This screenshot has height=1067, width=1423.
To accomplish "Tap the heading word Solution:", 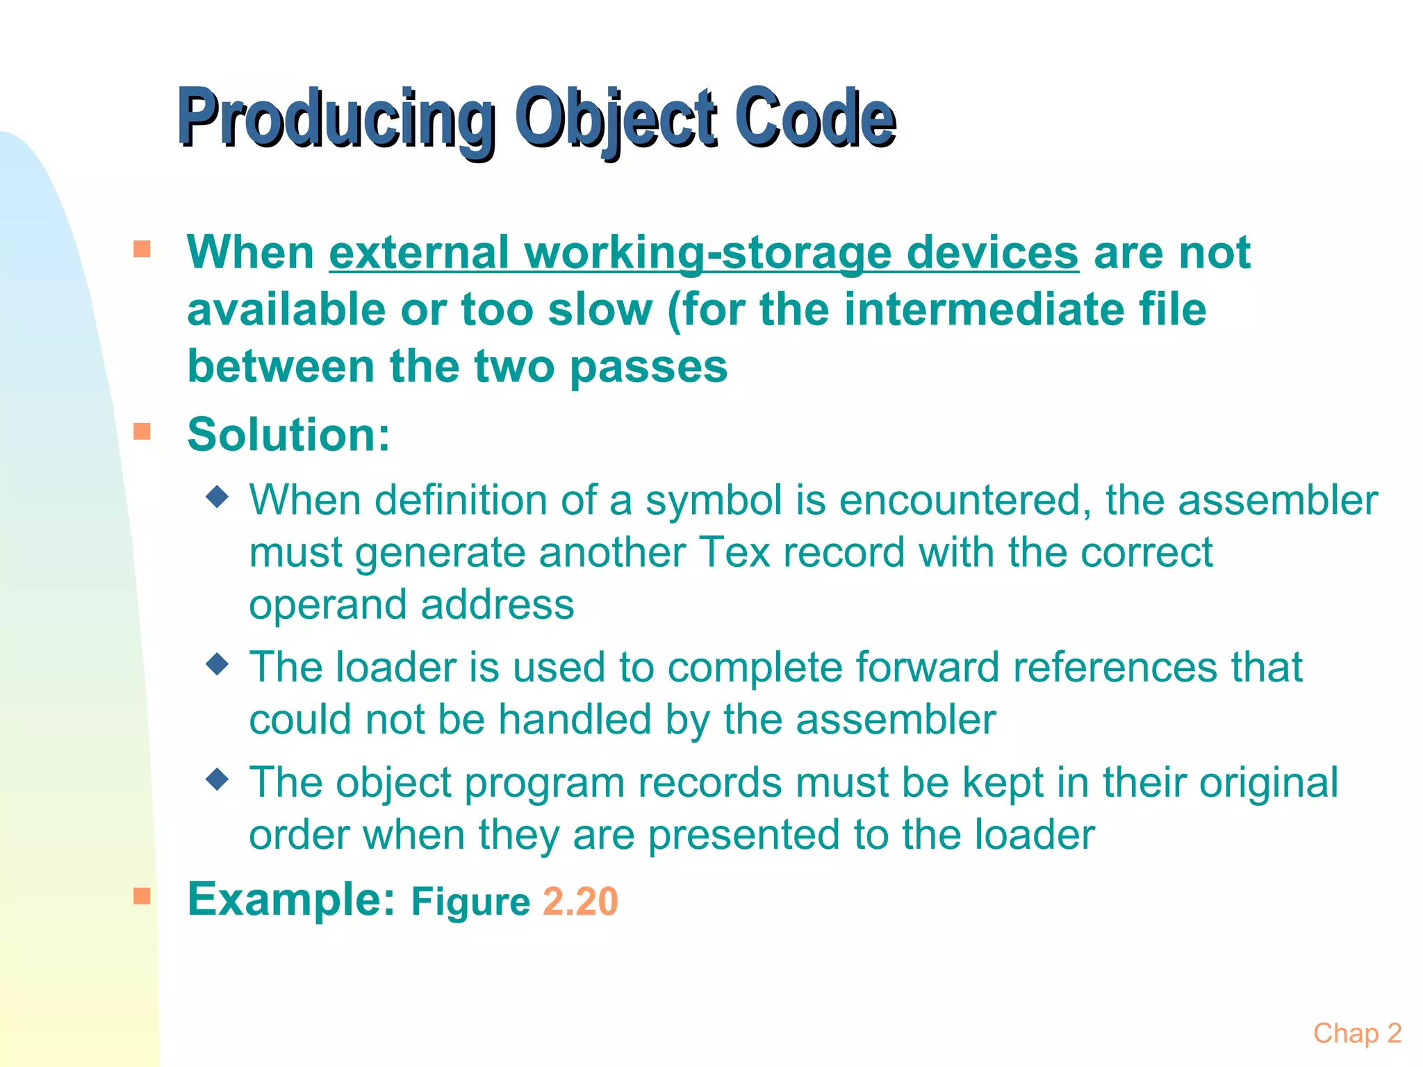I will point(289,434).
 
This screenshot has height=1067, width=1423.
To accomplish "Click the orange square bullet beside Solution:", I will point(142,431).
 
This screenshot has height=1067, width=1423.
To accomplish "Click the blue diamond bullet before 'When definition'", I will point(217,497).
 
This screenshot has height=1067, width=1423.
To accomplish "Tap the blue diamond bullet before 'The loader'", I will point(217,664).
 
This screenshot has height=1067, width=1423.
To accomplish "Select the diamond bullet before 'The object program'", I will point(217,779).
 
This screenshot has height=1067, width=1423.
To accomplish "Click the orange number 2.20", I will point(579,902).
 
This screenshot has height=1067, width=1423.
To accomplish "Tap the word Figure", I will point(470,902).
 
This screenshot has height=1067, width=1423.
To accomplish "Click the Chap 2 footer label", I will point(1357,1033).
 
